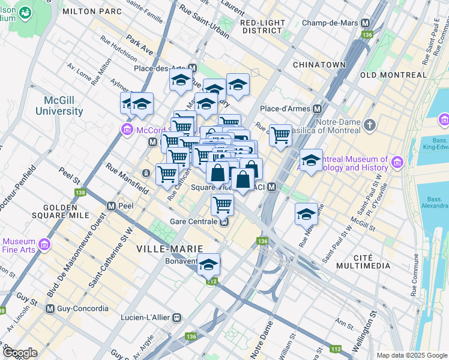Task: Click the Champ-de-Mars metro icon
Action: point(365,23)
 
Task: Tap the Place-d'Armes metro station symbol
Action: point(316,109)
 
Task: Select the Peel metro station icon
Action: point(111,205)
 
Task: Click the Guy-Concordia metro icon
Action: point(50,309)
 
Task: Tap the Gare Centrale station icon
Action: point(223,221)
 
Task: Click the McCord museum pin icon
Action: point(127,128)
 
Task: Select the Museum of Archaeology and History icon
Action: point(397,162)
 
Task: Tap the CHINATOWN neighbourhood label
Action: point(319,65)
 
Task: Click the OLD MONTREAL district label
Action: point(393,75)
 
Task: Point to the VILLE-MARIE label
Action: point(169,248)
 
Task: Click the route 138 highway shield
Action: point(80,193)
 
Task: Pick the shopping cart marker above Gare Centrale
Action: point(222,205)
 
